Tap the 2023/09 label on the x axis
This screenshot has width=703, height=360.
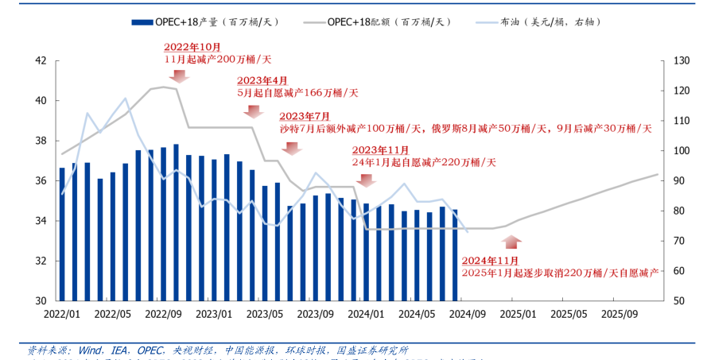click(x=316, y=313)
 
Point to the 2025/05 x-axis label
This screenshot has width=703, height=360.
click(x=569, y=313)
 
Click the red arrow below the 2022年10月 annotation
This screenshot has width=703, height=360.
click(x=178, y=76)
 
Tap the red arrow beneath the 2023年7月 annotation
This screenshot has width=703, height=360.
click(x=292, y=148)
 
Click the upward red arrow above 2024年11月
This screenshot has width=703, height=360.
click(x=511, y=242)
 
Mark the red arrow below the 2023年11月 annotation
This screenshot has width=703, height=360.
click(x=366, y=180)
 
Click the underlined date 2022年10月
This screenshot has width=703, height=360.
click(x=192, y=48)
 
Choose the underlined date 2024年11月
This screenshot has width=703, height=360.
click(x=490, y=261)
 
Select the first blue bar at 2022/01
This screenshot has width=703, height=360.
click(x=62, y=234)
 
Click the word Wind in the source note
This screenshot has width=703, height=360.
click(x=89, y=350)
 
